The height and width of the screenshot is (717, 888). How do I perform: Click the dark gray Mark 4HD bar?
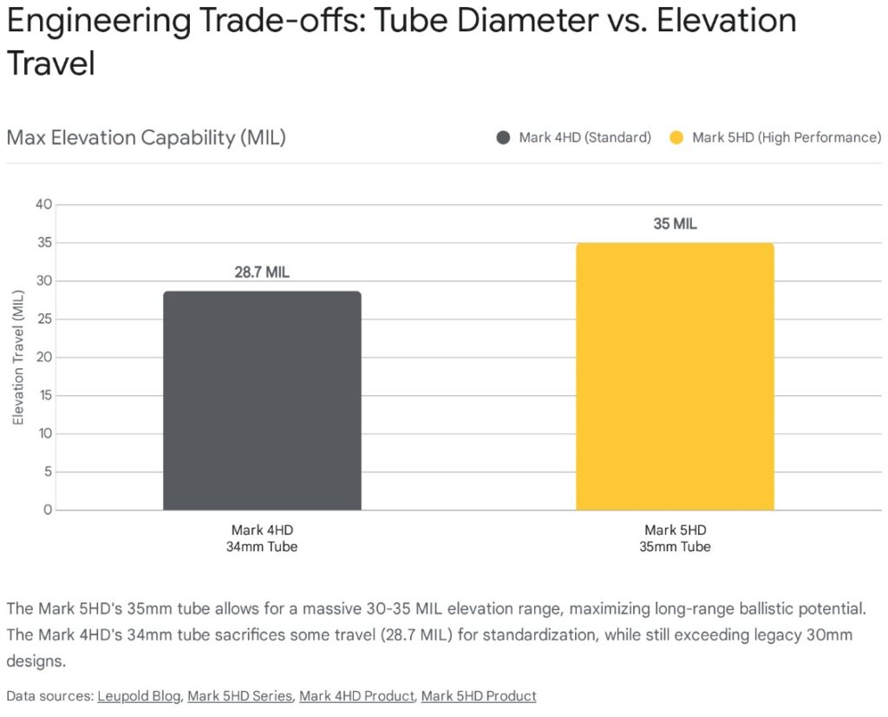pyautogui.click(x=262, y=400)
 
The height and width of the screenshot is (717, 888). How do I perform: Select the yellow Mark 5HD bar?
pyautogui.click(x=675, y=376)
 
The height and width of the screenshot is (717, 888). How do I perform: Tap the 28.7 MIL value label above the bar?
pyautogui.click(x=262, y=273)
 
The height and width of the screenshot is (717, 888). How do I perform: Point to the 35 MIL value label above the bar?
pyautogui.click(x=675, y=224)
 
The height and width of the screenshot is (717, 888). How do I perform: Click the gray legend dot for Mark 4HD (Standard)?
pyautogui.click(x=504, y=138)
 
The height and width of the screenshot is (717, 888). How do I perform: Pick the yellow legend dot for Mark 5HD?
pyautogui.click(x=677, y=138)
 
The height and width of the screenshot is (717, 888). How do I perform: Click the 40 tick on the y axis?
pyautogui.click(x=43, y=205)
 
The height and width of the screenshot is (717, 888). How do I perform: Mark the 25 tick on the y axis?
pyautogui.click(x=43, y=319)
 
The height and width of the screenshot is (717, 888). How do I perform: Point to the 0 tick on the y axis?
pyautogui.click(x=48, y=510)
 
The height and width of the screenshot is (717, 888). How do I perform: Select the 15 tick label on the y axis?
pyautogui.click(x=43, y=396)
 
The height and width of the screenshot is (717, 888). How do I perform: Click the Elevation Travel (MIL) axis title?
pyautogui.click(x=18, y=358)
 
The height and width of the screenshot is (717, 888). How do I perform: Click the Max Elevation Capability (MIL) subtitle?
pyautogui.click(x=146, y=137)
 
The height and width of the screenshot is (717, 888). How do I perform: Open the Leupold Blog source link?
pyautogui.click(x=139, y=696)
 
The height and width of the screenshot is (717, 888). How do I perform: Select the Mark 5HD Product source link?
pyautogui.click(x=479, y=696)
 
